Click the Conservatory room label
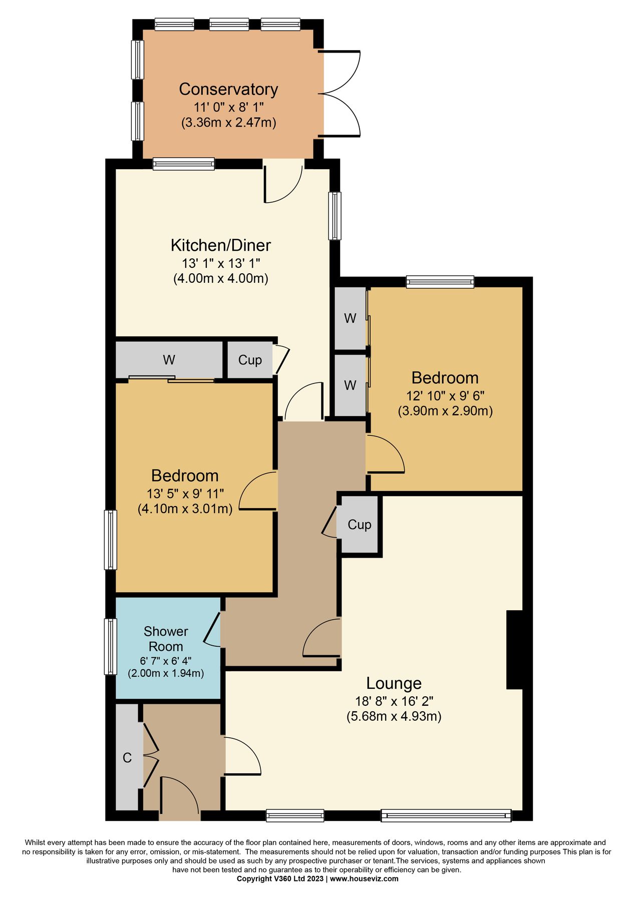click(x=228, y=89)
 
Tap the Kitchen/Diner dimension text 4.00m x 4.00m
click(x=221, y=278)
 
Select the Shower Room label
click(x=166, y=639)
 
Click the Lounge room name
click(x=394, y=683)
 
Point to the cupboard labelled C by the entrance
click(x=127, y=757)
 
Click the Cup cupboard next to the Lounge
click(x=359, y=525)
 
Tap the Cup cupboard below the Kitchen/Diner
click(x=249, y=360)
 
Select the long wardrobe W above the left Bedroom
click(x=169, y=360)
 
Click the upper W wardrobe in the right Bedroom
click(x=350, y=318)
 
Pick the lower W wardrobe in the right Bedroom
click(x=350, y=385)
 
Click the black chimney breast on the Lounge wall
click(x=514, y=650)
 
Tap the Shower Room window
click(x=110, y=646)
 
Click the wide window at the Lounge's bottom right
click(x=446, y=816)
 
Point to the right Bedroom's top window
click(x=440, y=282)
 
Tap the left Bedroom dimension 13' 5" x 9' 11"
click(x=185, y=494)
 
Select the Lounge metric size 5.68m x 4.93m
click(x=394, y=716)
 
